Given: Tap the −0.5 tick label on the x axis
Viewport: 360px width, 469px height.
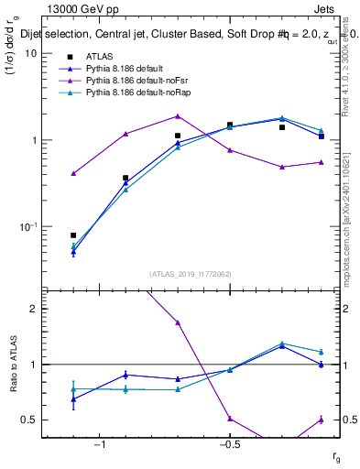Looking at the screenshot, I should point(228,445).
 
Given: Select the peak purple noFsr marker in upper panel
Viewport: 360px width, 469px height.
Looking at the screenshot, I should point(178,116).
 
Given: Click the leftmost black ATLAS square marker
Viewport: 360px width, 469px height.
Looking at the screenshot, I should point(73,235).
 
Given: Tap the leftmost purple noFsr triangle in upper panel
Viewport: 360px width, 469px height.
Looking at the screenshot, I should point(73,173).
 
